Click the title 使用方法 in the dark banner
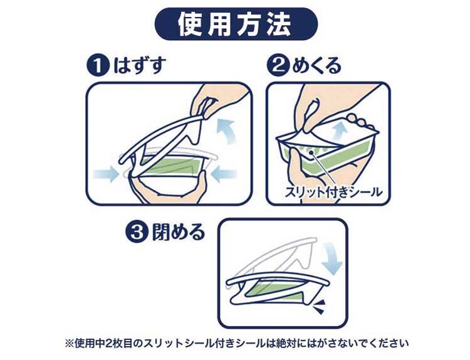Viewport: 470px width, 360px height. [x=234, y=24]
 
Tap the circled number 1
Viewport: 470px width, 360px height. [x=97, y=66]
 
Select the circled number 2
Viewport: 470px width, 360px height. [x=279, y=66]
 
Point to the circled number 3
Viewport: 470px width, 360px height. [x=137, y=232]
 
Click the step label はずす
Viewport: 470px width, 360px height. [x=139, y=66]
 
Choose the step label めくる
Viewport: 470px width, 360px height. [x=317, y=66]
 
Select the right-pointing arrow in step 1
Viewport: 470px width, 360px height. [x=105, y=173]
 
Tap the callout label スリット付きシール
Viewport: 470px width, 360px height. [x=333, y=191]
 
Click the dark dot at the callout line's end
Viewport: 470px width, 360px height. [x=312, y=152]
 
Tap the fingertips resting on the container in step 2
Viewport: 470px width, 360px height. [x=360, y=122]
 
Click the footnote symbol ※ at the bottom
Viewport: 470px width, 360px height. [x=70, y=342]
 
